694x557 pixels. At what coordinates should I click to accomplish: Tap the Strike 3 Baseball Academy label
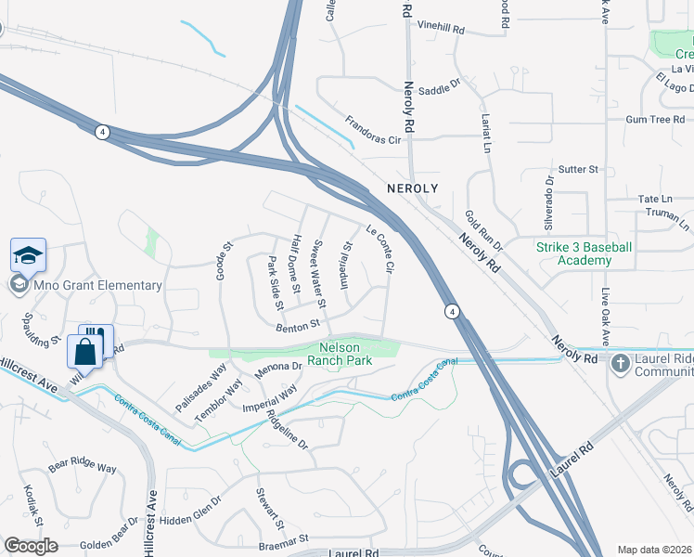[585, 253]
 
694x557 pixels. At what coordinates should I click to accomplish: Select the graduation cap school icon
[28, 255]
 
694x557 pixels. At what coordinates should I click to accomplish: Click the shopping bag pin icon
[84, 353]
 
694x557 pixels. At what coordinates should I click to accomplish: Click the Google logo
[31, 546]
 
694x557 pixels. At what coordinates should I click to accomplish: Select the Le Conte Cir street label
[381, 249]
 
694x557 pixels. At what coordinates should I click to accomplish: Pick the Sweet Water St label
[318, 274]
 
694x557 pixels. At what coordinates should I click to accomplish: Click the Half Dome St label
[297, 264]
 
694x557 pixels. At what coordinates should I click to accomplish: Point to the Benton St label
[297, 324]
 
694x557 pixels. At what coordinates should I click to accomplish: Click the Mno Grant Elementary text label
[97, 285]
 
